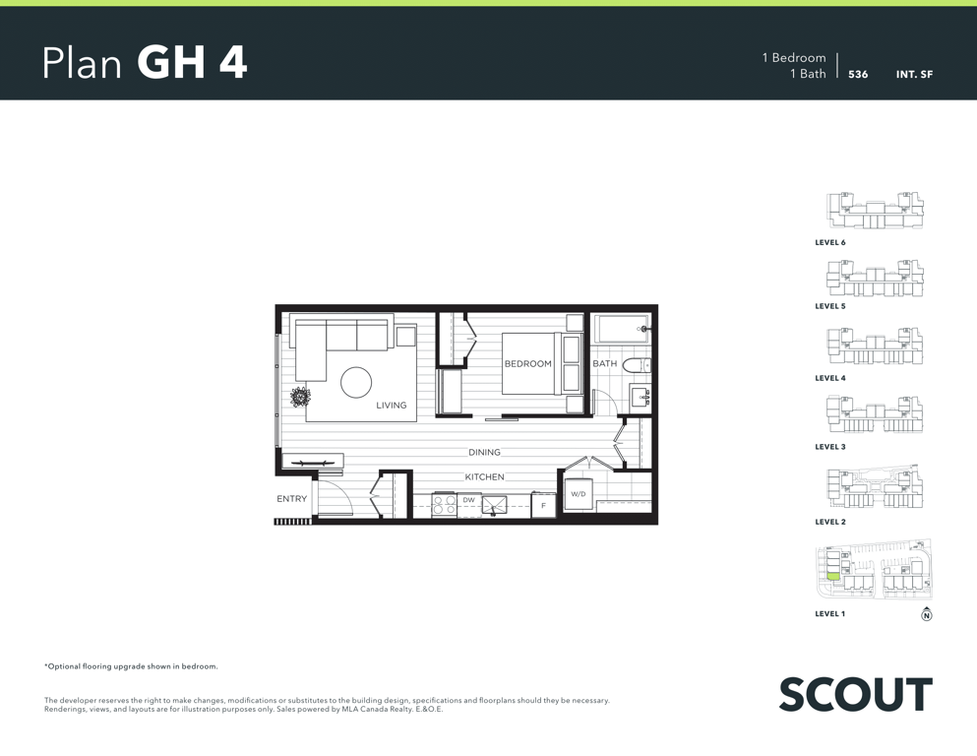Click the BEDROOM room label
pos(527,363)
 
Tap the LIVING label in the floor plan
pos(392,406)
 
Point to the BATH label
pos(604,363)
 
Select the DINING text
pos(484,453)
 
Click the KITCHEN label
pos(484,476)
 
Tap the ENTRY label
pos(291,499)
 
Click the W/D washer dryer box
pos(579,493)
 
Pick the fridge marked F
pos(543,505)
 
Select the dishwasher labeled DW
pos(468,505)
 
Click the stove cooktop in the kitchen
pos(445,505)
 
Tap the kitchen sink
pos(494,505)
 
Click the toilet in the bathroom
pos(637,365)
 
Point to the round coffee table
pos(356,382)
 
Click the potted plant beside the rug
pos(300,397)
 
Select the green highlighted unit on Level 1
pos(833,577)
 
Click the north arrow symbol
pos(927,614)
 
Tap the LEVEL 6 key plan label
pos(830,242)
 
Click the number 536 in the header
pos(858,74)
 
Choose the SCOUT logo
pos(856,694)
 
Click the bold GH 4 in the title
pos(192,62)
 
